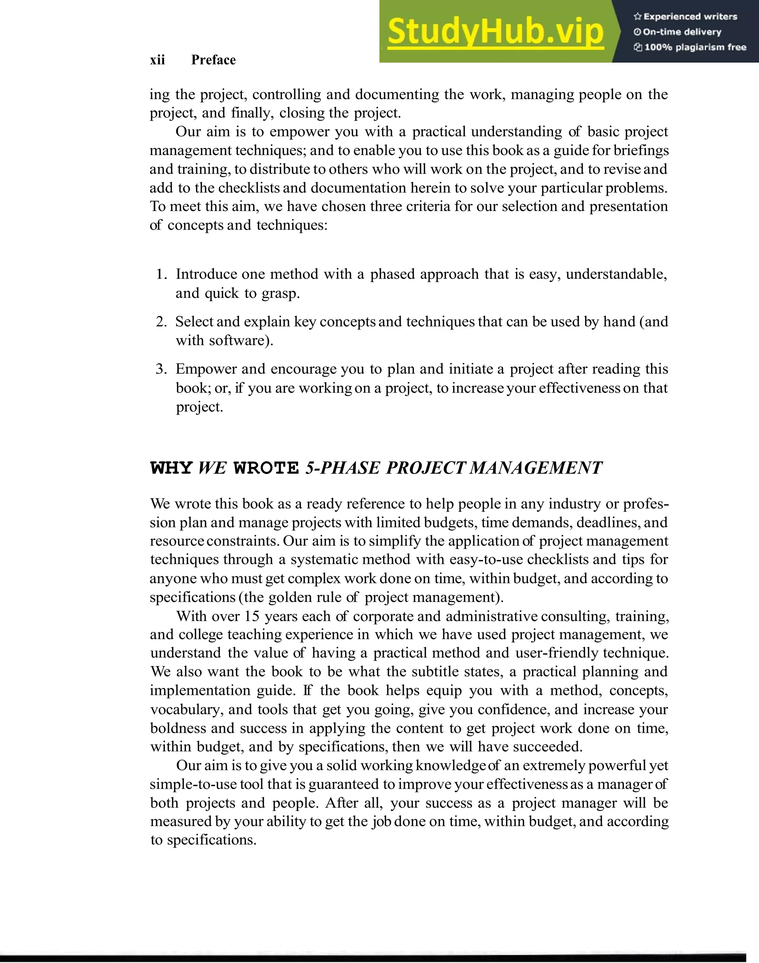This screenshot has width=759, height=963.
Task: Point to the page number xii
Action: point(157,60)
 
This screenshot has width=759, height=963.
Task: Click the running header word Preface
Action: point(213,60)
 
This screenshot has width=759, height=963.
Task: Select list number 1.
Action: point(161,274)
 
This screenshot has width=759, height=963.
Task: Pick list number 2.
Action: point(161,321)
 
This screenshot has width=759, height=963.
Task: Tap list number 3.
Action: point(161,369)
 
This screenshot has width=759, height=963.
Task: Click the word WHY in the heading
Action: point(171,468)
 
